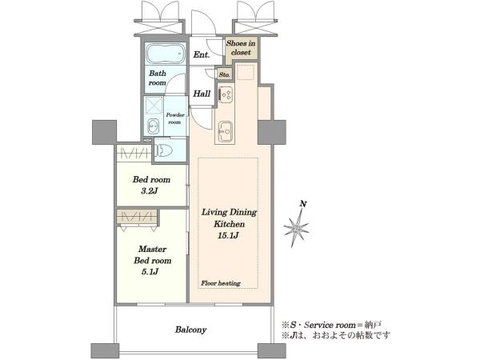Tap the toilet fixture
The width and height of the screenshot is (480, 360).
(x=164, y=150)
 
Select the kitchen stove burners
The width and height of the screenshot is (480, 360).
(x=226, y=94)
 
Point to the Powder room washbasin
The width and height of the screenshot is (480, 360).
(x=153, y=126)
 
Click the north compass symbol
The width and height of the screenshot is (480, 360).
(x=297, y=227)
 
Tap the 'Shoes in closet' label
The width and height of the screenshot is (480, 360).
(x=241, y=48)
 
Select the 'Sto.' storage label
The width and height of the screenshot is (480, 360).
(x=224, y=74)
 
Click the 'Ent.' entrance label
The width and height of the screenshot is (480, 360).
(x=202, y=54)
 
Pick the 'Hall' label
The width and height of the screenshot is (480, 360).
(x=202, y=94)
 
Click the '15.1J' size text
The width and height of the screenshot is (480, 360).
(x=229, y=235)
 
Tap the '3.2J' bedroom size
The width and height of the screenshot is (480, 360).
(x=149, y=191)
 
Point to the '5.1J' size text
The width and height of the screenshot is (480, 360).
(x=150, y=272)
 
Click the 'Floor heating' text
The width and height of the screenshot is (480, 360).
(x=221, y=283)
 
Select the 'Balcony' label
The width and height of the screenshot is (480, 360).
(x=190, y=330)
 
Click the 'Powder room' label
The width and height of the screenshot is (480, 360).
(x=175, y=118)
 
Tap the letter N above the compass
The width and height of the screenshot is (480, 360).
(x=303, y=204)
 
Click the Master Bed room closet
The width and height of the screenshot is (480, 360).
(x=137, y=217)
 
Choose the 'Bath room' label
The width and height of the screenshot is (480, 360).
(x=158, y=78)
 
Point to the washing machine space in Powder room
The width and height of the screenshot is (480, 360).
(x=154, y=106)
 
